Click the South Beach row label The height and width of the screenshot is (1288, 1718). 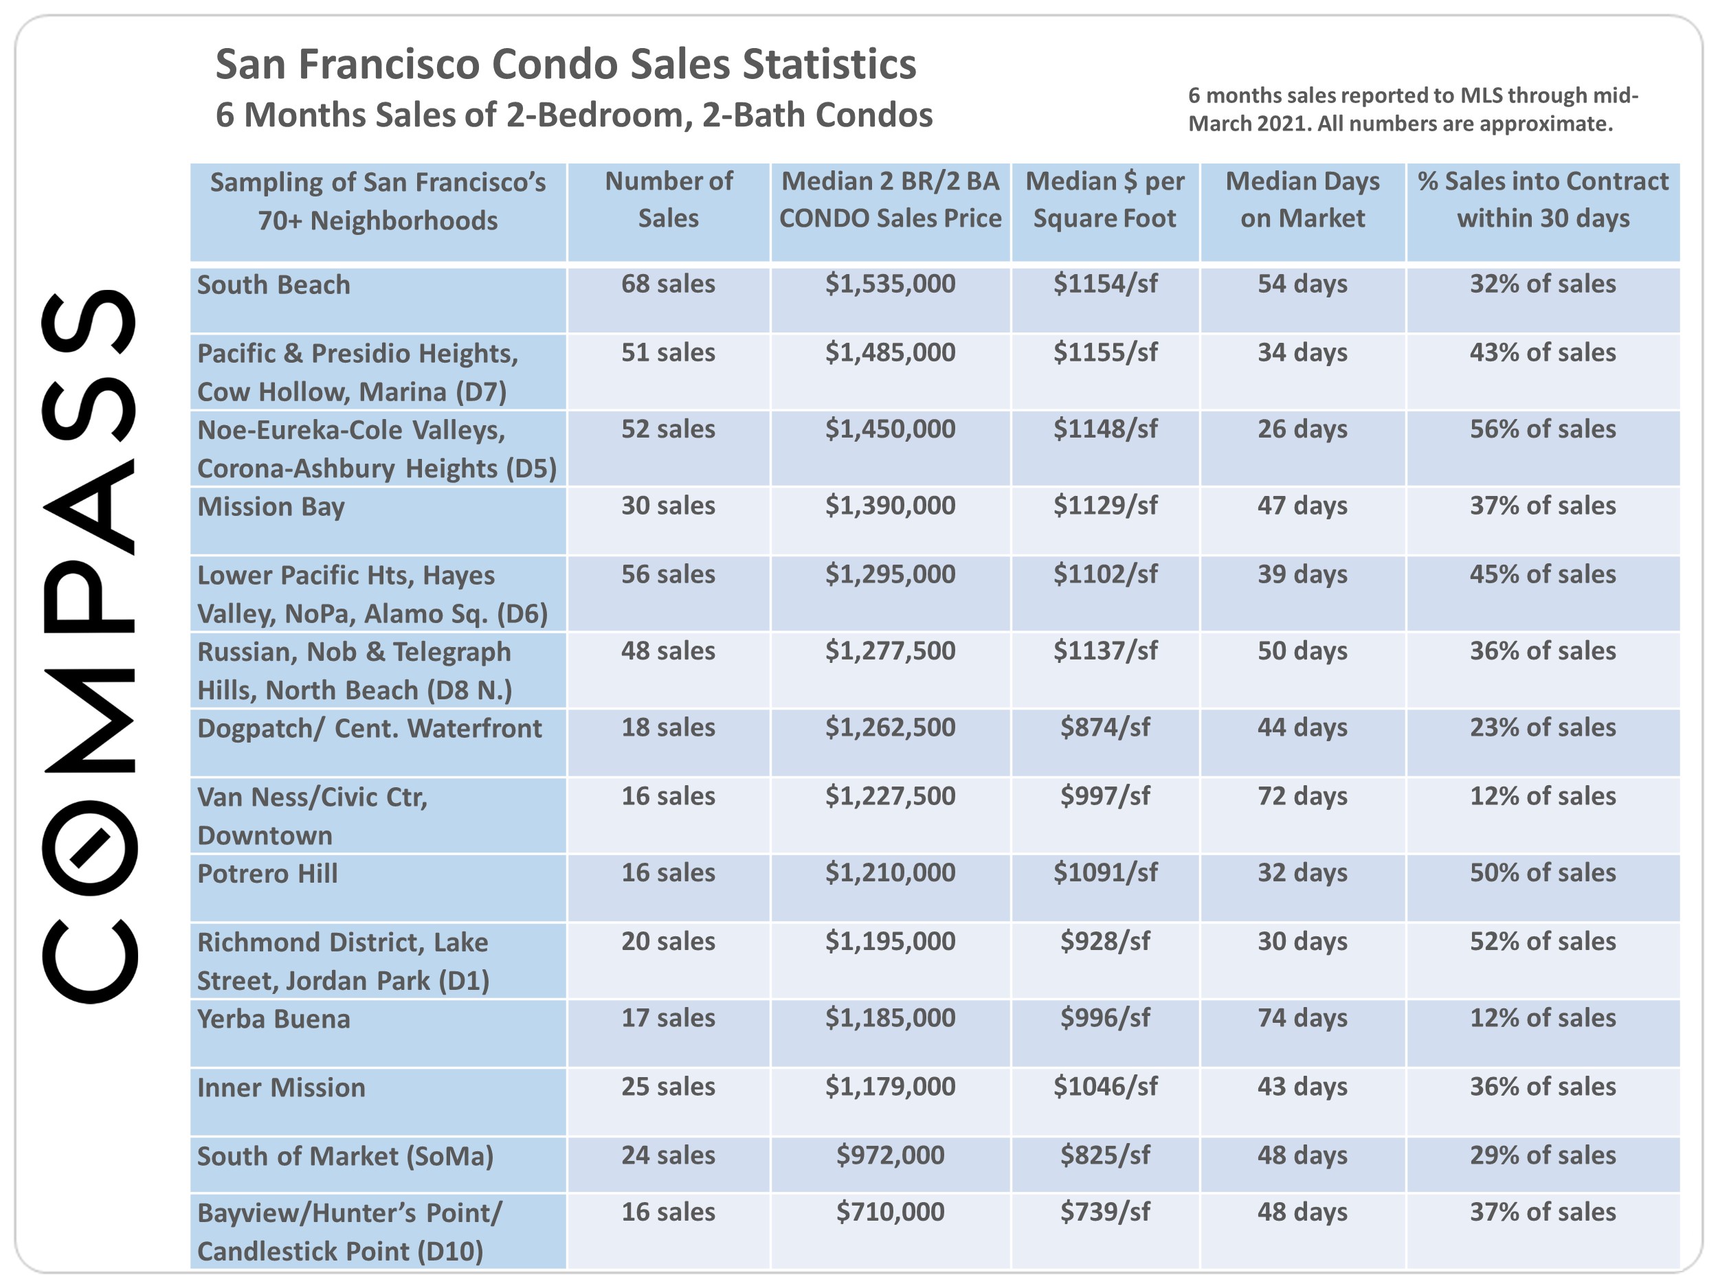pos(274,285)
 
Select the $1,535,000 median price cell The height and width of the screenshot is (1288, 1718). pos(890,284)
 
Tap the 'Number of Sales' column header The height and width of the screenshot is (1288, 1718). pos(668,199)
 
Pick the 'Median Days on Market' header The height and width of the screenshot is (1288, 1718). pos(1302,199)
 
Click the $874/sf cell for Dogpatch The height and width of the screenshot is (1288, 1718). pos(1104,727)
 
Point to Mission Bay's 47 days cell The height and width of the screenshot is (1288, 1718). pos(1302,506)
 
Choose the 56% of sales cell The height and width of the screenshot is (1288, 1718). pos(1543,429)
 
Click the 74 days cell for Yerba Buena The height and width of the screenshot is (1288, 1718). pos(1302,1018)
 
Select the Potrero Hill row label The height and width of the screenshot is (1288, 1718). pos(267,873)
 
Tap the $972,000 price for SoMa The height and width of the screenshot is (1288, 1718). pos(890,1155)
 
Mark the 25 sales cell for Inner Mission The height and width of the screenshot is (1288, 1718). pos(668,1086)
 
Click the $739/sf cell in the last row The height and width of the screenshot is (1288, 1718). pos(1104,1212)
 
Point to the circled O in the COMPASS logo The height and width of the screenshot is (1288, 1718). pos(89,848)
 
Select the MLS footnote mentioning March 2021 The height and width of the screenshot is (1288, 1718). pos(1413,109)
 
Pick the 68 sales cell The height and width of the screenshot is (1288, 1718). pos(668,284)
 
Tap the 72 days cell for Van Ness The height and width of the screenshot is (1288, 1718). pos(1302,795)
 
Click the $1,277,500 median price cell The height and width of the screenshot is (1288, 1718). pos(890,651)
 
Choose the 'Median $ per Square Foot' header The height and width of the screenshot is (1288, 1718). pos(1104,199)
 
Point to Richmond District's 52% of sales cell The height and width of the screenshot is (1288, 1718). pos(1543,941)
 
